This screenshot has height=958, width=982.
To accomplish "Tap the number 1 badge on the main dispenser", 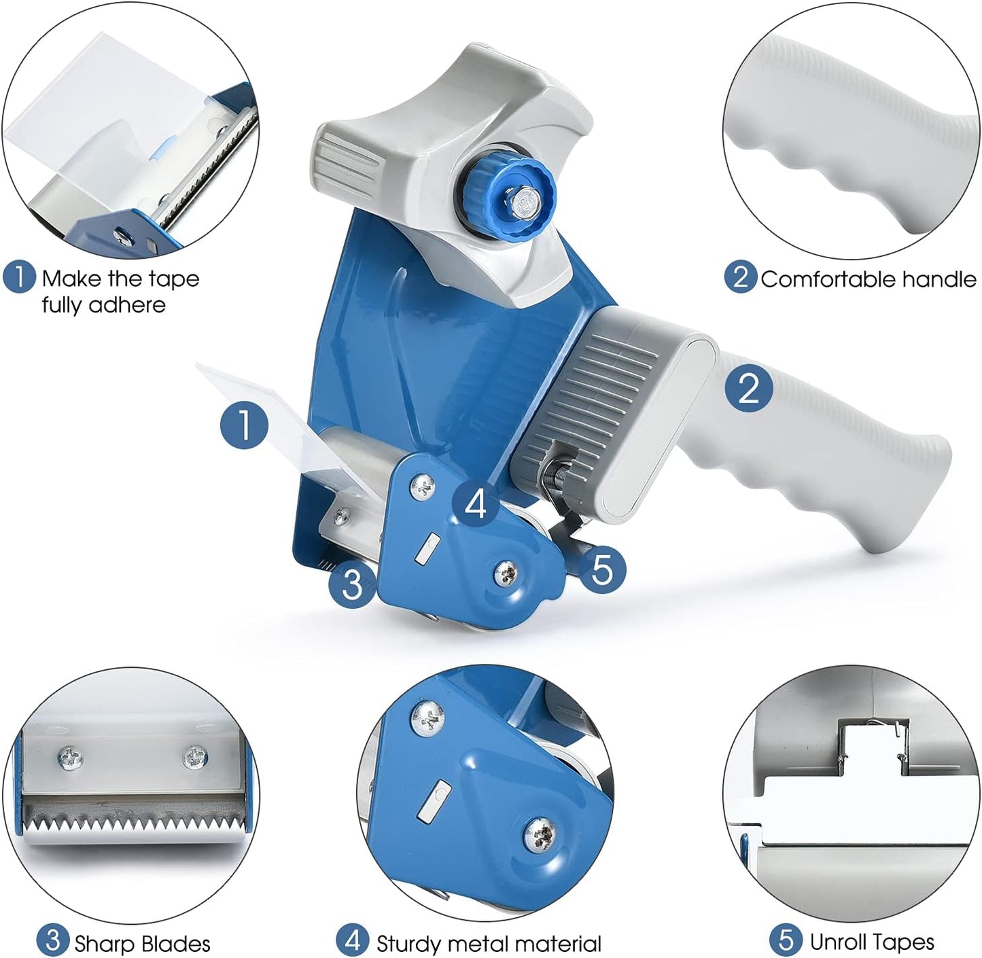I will point(245,425).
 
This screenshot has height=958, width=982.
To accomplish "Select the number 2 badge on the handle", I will point(748,388).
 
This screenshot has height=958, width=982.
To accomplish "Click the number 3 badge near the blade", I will point(352,584).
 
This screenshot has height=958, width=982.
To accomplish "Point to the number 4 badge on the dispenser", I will point(476,503).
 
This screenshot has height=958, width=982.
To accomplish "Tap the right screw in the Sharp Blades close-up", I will point(196,756).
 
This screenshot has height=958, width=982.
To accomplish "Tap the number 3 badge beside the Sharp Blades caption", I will point(52,942).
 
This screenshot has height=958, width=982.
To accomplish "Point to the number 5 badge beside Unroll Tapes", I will point(786,941).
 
